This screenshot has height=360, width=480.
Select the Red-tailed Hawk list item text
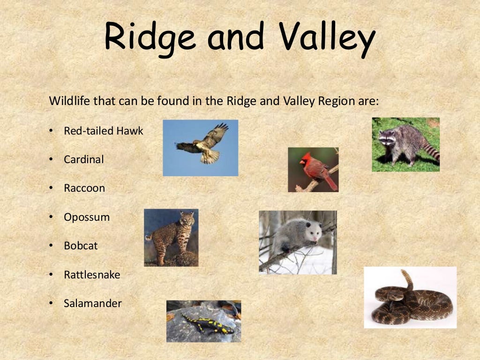[104, 131]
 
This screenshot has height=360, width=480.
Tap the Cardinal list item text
[84, 159]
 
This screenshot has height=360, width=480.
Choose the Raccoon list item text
[84, 188]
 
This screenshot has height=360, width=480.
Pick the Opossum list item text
[87, 217]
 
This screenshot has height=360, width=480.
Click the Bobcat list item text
[81, 246]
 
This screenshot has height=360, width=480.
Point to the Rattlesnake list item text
[92, 275]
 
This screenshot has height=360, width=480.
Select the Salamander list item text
[93, 303]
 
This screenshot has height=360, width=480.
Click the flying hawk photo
[201, 147]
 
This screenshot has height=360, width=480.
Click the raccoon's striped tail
[430, 150]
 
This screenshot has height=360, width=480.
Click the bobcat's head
[187, 218]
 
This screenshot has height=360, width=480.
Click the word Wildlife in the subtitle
[68, 101]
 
